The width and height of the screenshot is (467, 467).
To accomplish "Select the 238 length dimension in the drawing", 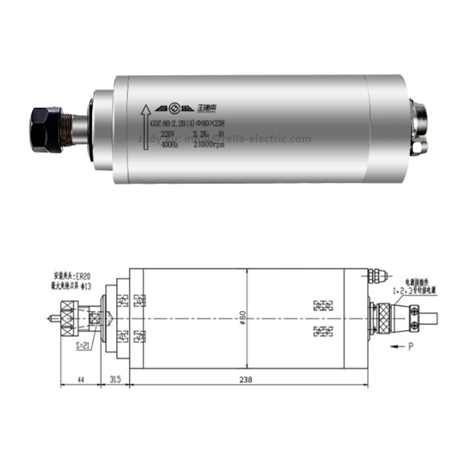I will click(x=247, y=380).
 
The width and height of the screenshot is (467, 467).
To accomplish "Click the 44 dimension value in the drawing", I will click(x=80, y=380).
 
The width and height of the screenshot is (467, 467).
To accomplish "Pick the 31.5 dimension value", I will click(x=115, y=380).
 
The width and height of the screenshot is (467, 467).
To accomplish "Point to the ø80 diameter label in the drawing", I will click(x=242, y=318).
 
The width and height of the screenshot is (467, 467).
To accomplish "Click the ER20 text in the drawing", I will click(x=84, y=276).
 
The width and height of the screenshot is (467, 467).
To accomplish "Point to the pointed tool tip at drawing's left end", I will click(x=48, y=319).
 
